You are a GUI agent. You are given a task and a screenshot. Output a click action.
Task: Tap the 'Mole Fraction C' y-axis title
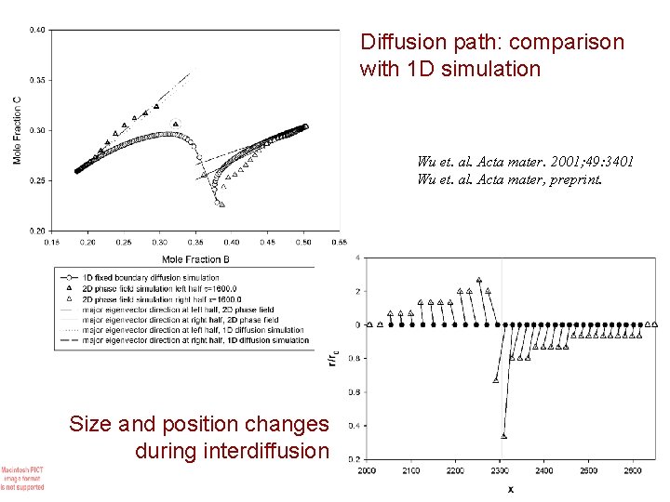coord(18,131)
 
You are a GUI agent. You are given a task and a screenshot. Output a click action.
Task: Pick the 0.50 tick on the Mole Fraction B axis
coord(303,242)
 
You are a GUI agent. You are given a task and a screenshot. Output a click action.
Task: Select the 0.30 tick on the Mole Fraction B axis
coord(159,242)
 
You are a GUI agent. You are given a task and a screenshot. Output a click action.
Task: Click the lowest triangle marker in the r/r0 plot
coord(503,435)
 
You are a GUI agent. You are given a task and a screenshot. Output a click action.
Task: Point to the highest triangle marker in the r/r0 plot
coord(479,280)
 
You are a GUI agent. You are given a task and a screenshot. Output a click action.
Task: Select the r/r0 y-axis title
coord(332,357)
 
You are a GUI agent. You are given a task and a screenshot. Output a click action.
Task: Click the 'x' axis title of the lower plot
coord(511,489)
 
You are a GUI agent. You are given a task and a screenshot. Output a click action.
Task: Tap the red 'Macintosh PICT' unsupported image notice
coord(22,478)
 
